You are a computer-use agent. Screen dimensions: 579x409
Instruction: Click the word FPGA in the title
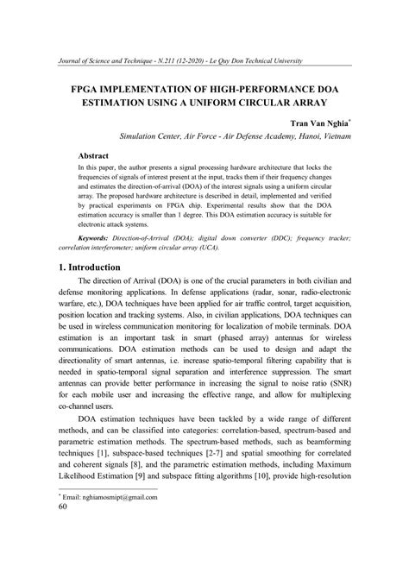[72, 89]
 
